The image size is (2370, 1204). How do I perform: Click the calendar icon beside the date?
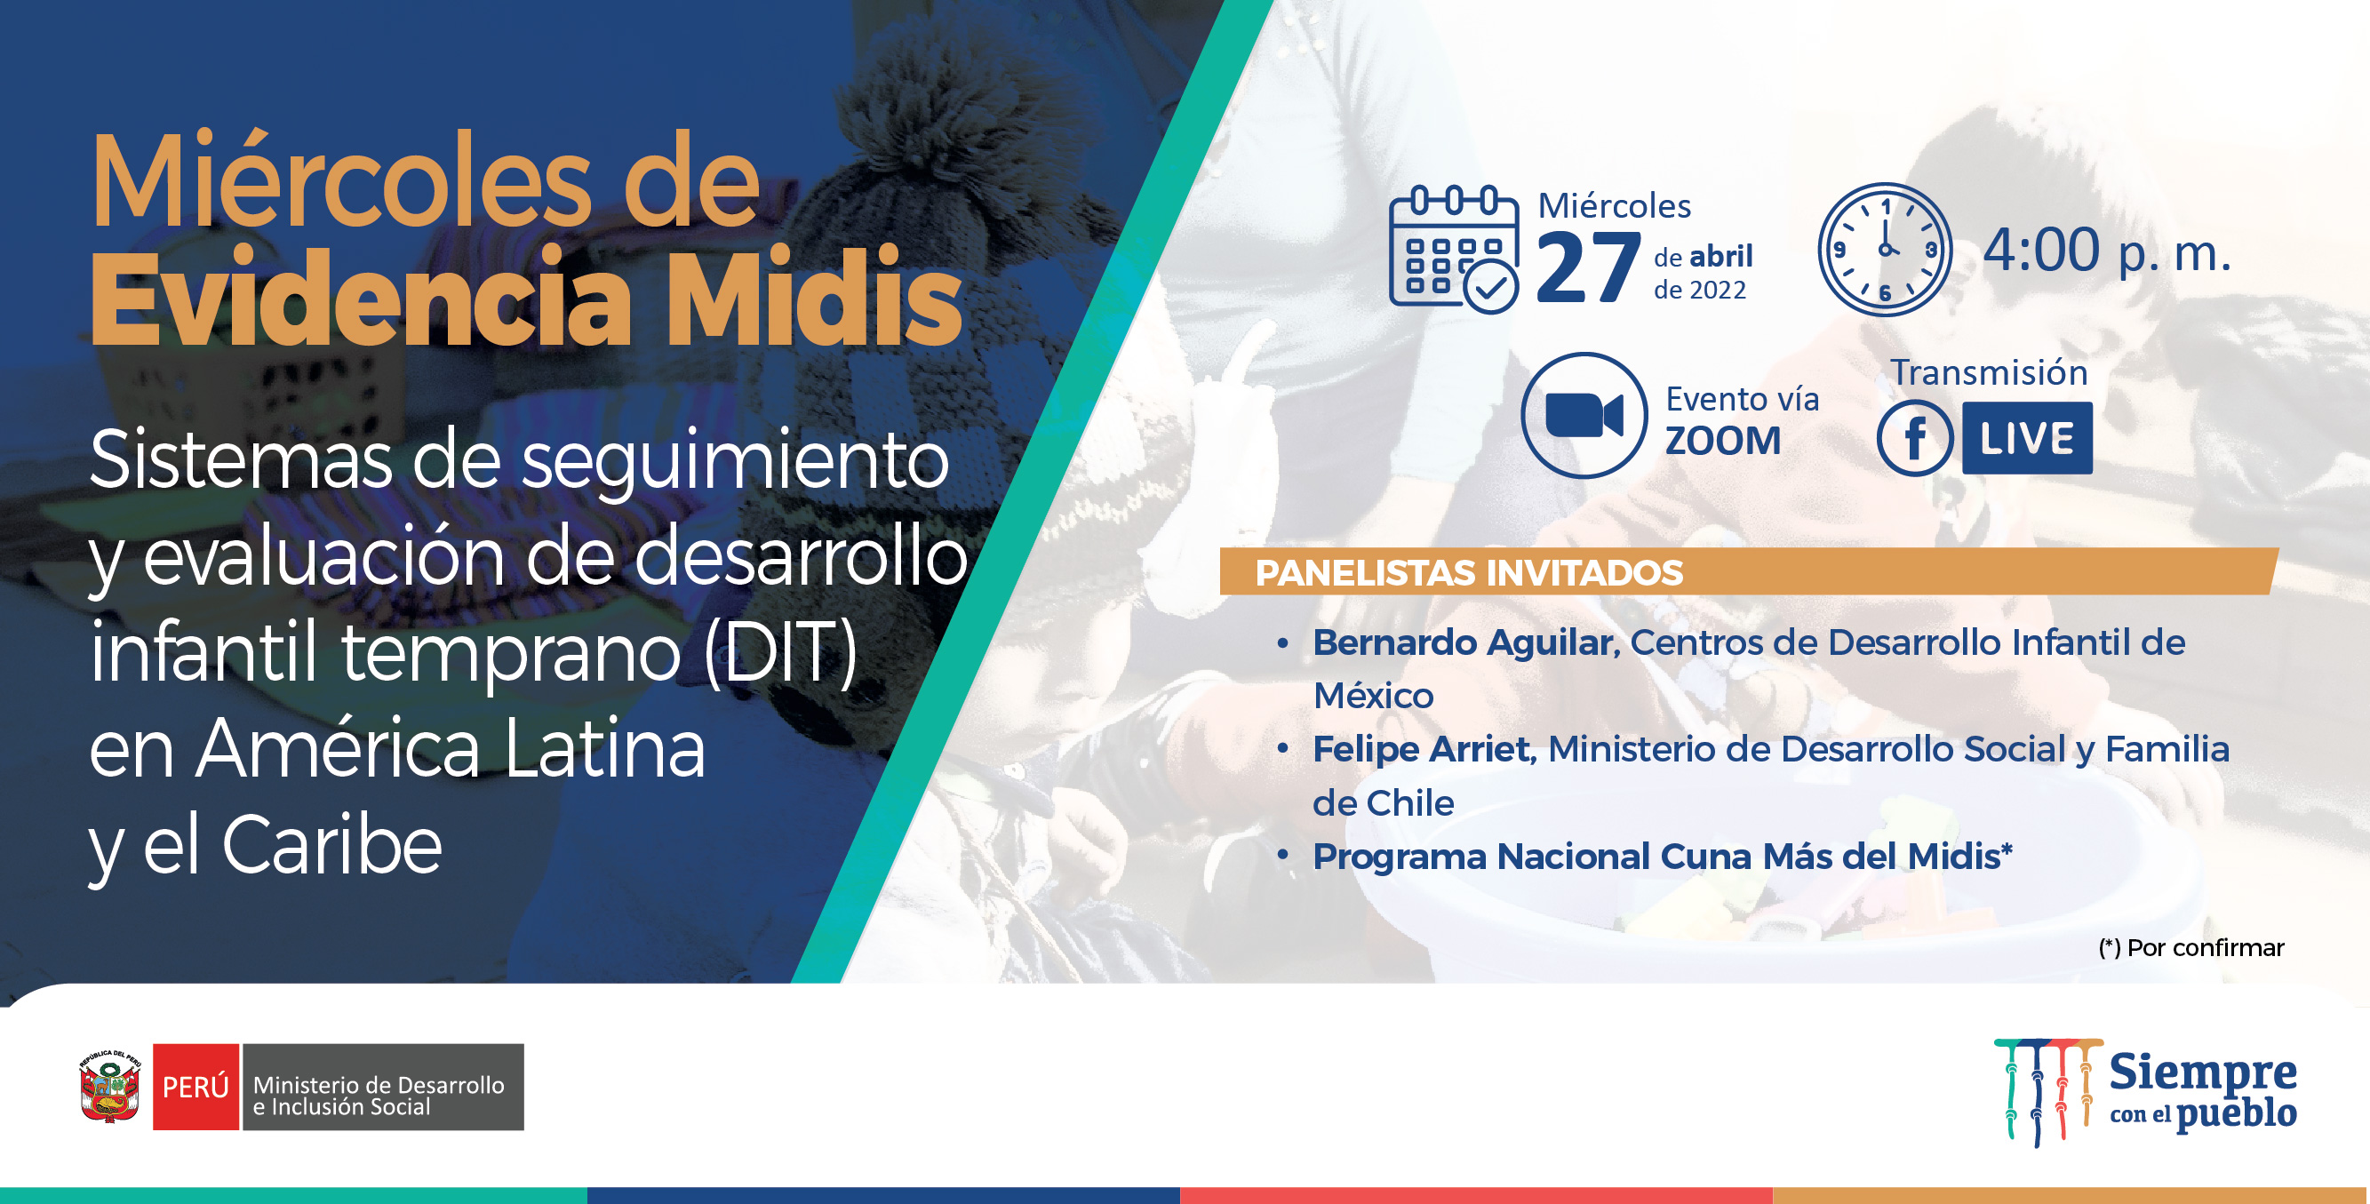coord(1454,250)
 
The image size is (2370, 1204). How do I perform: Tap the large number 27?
coord(1588,267)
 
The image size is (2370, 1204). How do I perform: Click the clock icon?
coord(1885,250)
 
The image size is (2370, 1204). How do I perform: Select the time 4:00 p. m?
coord(2107,251)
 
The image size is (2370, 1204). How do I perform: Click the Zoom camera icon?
coord(1584,415)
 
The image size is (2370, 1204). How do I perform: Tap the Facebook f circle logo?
coord(1915,438)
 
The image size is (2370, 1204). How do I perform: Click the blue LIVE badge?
coord(2027,438)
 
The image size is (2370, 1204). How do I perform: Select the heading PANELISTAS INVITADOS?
coord(1469,573)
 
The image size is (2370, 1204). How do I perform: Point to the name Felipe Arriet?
coord(1423,750)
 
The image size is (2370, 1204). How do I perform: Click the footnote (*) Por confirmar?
coord(2190,948)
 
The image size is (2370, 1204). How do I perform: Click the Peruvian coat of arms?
coord(110,1088)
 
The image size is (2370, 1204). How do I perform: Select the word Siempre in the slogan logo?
coord(2203,1072)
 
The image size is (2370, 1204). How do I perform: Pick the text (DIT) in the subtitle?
coord(780,651)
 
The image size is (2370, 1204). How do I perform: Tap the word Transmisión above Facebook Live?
coord(1988,372)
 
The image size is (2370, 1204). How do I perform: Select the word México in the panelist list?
coord(1373,697)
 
